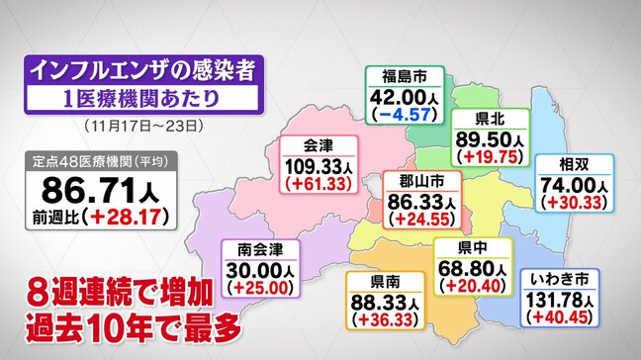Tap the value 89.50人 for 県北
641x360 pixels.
pyautogui.click(x=486, y=136)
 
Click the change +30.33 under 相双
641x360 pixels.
pyautogui.click(x=575, y=200)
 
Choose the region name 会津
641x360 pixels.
pyautogui.click(x=316, y=146)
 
